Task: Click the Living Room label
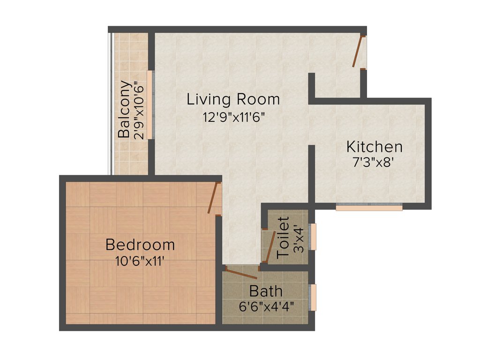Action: [233, 99]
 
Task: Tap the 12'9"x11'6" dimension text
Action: [234, 117]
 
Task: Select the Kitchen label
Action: [374, 147]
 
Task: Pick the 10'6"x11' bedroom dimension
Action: [140, 261]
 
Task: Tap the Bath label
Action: [266, 291]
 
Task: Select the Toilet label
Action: [284, 237]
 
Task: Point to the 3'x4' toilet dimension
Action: [298, 240]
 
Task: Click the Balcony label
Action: [124, 109]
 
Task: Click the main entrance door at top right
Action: [359, 52]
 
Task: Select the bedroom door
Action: [215, 198]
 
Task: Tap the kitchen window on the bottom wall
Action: [369, 207]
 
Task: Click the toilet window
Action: [314, 237]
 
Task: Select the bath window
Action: [314, 297]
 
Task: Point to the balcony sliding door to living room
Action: [150, 105]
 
